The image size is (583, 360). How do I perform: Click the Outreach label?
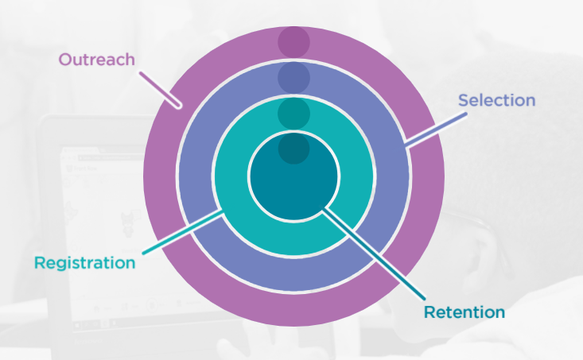click(96, 60)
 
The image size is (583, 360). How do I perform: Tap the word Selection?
click(496, 101)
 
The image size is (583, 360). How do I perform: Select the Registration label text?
click(84, 262)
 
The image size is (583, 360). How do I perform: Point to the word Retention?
click(464, 312)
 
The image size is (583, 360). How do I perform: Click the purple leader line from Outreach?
click(161, 89)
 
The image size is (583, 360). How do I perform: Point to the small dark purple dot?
click(293, 41)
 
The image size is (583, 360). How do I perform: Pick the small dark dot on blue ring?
click(293, 77)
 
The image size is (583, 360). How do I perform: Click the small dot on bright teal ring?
click(293, 113)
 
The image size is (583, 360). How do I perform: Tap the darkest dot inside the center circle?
click(293, 148)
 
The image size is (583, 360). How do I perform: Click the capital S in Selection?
click(464, 101)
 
